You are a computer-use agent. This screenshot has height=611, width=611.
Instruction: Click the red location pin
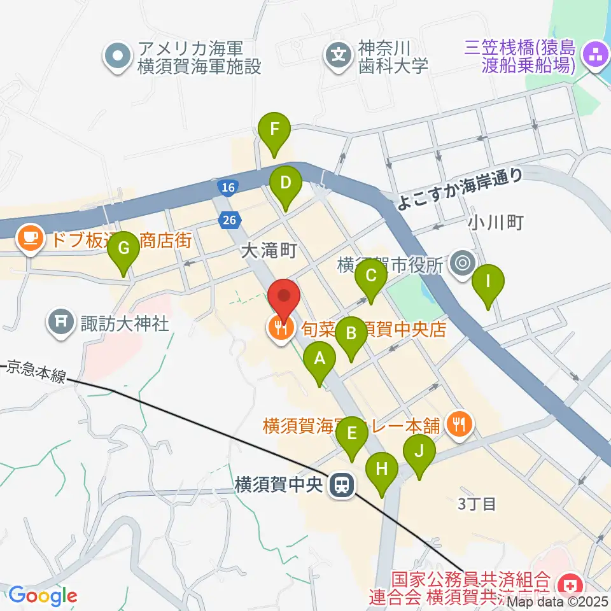pyautogui.click(x=284, y=299)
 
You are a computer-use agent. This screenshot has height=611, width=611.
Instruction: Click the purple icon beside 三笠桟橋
pyautogui.click(x=596, y=55)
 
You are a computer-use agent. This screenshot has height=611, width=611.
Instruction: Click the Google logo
pyautogui.click(x=43, y=596)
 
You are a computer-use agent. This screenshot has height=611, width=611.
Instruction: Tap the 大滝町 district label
pyautogui.click(x=269, y=251)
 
